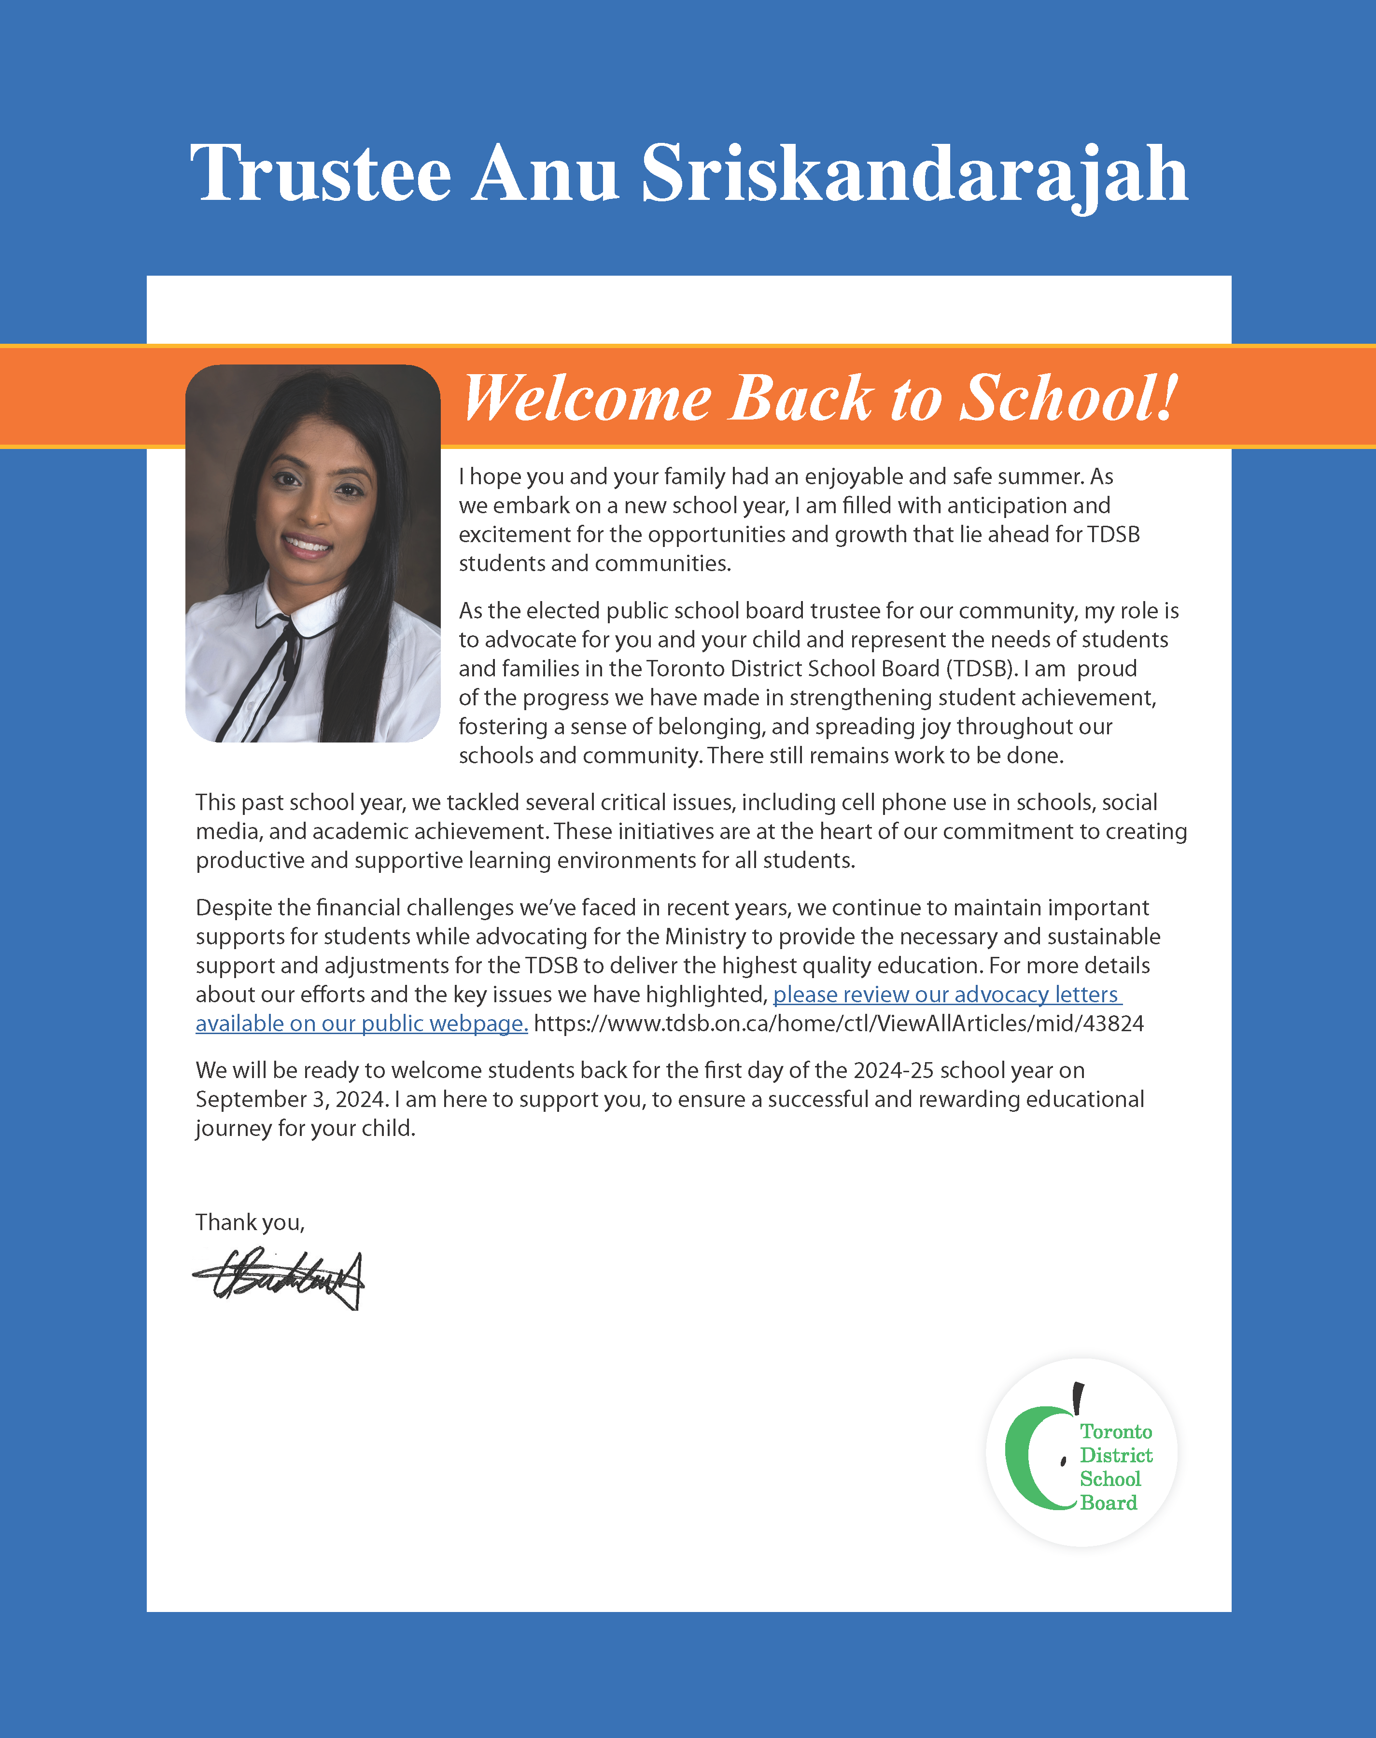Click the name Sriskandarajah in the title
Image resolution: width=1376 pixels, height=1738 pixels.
(914, 174)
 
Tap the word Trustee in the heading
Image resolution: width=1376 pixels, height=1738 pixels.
(321, 174)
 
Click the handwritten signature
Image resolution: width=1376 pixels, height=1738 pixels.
(278, 1279)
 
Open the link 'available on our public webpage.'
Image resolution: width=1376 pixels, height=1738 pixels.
(362, 1023)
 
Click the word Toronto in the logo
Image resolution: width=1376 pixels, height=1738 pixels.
(1116, 1431)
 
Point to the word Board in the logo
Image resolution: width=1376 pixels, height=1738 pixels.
(1109, 1503)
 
